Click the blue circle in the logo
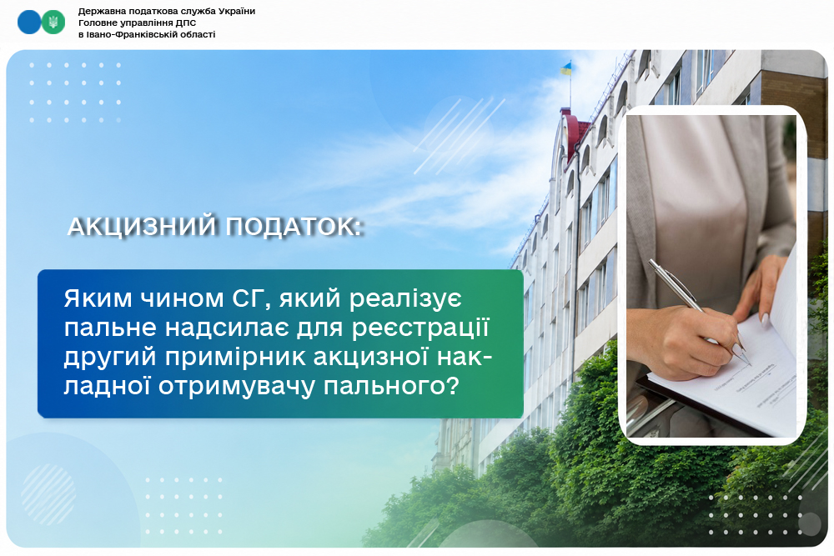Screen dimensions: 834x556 (28, 22)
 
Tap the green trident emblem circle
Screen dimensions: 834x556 (53, 22)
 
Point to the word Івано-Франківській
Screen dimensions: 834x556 (127, 34)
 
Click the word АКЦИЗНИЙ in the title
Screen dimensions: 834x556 (143, 227)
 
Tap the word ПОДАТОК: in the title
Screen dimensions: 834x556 (294, 227)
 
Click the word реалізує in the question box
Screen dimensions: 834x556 (406, 299)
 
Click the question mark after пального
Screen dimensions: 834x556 (452, 385)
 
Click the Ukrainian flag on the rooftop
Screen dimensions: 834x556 (566, 68)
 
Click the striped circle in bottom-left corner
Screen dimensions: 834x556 (48, 495)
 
